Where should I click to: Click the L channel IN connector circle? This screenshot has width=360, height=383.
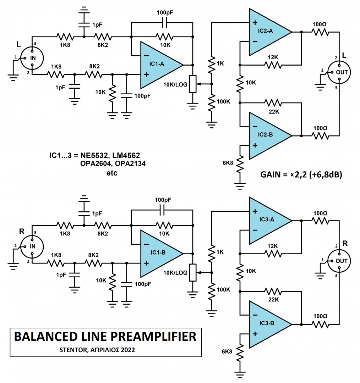32,57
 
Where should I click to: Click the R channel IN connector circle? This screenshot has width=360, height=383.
32,246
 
